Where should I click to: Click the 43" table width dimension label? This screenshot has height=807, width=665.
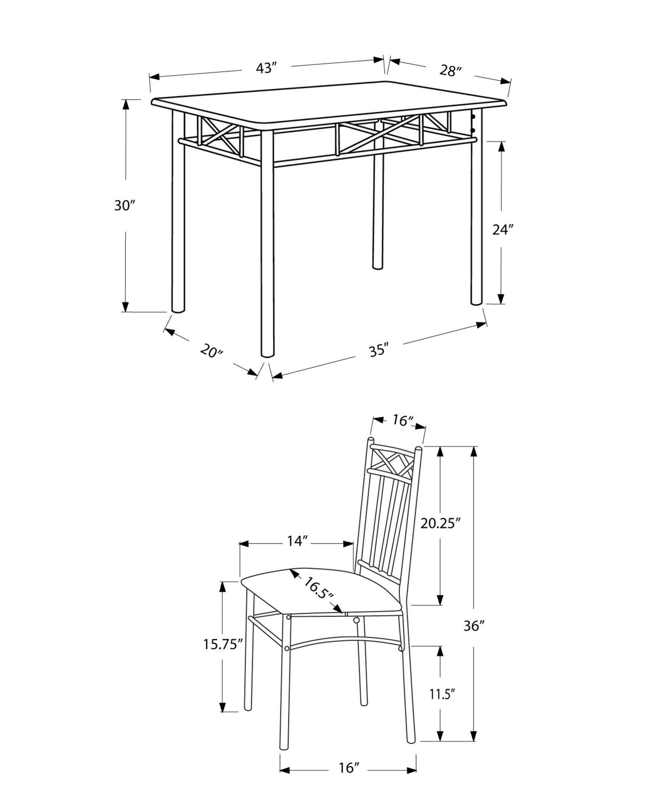(x=266, y=68)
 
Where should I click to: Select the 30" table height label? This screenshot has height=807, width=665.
(x=125, y=206)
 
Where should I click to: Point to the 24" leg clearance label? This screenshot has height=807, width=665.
(x=503, y=230)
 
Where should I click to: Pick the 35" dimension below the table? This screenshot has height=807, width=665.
(x=379, y=351)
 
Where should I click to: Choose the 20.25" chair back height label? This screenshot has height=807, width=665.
(x=441, y=523)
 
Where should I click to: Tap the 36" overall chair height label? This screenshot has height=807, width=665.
(x=474, y=627)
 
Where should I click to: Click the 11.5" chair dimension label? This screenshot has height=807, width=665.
(x=442, y=694)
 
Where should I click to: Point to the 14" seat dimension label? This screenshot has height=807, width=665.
(x=297, y=541)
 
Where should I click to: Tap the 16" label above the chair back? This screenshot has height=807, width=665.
(x=401, y=420)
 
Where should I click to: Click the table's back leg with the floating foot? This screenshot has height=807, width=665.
(x=378, y=214)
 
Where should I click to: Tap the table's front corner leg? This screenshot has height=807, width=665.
(x=267, y=247)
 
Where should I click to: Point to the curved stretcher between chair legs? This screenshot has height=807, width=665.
(x=342, y=642)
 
